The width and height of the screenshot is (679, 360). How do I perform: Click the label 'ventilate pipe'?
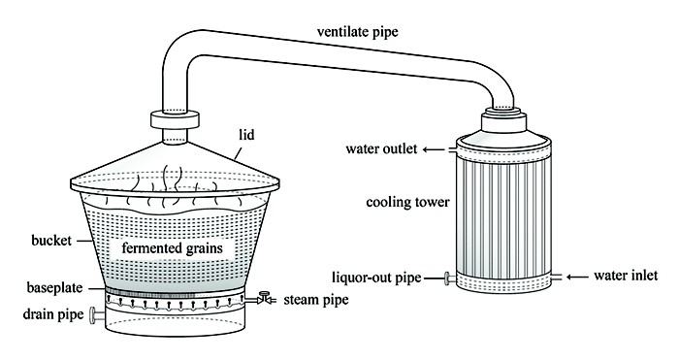coord(357,32)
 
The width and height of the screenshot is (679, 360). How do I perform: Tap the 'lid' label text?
coord(246,135)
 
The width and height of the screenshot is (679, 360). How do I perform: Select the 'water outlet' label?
coord(381,149)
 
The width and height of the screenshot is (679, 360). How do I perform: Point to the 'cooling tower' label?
coord(407,202)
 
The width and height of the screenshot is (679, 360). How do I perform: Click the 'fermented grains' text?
coord(172,248)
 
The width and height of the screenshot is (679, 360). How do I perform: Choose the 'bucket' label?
coord(51,240)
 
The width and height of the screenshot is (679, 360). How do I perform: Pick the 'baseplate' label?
coord(54,287)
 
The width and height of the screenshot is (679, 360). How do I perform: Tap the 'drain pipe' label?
coord(52,314)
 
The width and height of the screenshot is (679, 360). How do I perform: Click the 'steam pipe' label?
coord(316,300)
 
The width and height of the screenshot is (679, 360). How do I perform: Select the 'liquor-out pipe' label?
coord(376,278)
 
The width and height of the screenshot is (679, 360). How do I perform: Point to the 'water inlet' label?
coord(626,275)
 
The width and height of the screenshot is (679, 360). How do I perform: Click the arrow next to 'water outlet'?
coord(434,149)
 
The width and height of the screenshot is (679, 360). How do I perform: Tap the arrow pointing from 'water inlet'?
coord(577,277)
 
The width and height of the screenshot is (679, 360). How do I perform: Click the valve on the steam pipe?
coord(263,298)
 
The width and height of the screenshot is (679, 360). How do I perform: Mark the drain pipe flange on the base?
coord(93,315)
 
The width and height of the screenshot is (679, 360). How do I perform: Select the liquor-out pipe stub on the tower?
coord(450,278)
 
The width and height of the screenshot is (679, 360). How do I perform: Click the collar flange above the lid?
coord(175,119)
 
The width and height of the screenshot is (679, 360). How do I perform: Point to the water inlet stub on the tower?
coord(556,277)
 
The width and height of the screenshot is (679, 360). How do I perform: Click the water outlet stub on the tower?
coord(453,149)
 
